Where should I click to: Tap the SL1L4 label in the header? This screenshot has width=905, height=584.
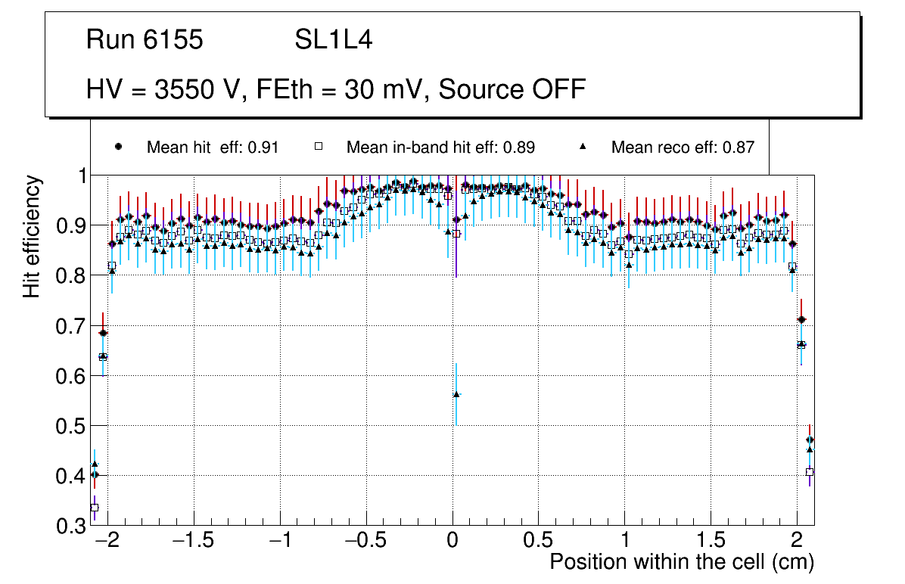[x=333, y=40]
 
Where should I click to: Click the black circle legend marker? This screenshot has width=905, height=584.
[x=118, y=147]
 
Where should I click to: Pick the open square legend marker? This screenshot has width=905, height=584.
[x=319, y=147]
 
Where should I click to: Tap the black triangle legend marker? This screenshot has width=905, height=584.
[x=583, y=147]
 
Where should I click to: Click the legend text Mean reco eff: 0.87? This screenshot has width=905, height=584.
[x=683, y=148]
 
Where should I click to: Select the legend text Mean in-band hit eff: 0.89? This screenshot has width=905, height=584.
[x=440, y=148]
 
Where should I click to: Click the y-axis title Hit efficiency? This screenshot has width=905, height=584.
[x=32, y=236]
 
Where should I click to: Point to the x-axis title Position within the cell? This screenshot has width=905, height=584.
[x=682, y=562]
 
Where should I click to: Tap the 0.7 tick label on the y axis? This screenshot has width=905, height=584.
[x=70, y=326]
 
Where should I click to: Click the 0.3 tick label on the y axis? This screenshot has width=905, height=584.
[x=70, y=526]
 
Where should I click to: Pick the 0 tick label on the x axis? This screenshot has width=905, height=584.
[x=452, y=542]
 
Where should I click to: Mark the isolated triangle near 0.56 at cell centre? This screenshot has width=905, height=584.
[x=456, y=394]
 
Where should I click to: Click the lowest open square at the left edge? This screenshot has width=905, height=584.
[x=95, y=508]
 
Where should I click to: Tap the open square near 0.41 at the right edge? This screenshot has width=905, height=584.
[x=810, y=471]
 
